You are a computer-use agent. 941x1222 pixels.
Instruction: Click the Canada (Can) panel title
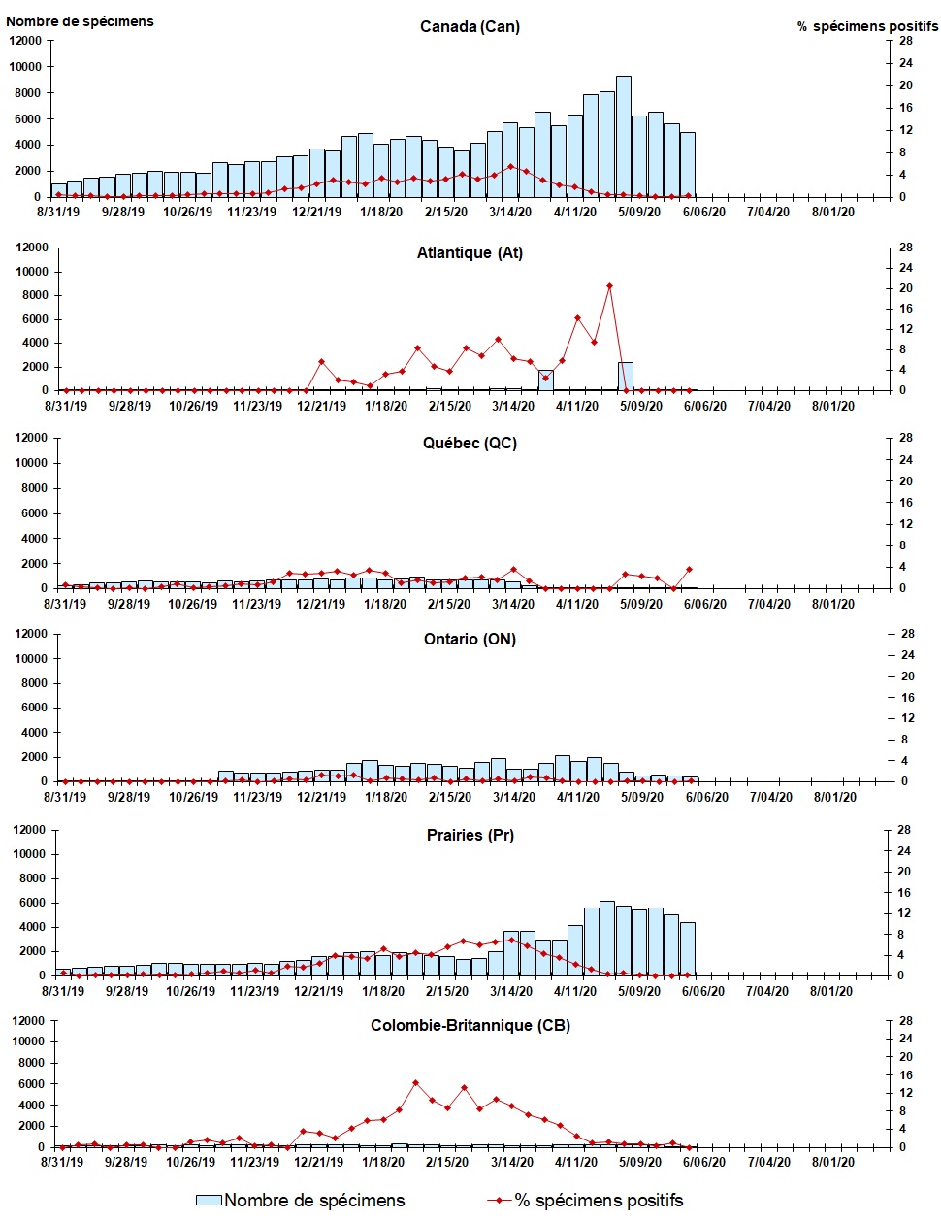click(x=470, y=27)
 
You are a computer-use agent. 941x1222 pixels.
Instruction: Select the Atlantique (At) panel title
click(x=470, y=253)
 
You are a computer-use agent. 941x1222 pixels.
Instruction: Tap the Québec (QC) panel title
click(x=470, y=444)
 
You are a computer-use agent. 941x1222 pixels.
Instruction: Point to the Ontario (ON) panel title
click(x=470, y=640)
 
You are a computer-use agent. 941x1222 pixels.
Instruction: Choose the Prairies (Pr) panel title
click(x=470, y=836)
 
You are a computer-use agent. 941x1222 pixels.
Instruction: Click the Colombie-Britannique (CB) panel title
click(x=470, y=1026)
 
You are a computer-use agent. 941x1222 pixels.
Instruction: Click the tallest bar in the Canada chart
click(x=623, y=136)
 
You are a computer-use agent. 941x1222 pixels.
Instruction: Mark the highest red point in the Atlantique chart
click(x=609, y=286)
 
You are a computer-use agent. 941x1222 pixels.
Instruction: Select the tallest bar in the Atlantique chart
click(x=626, y=377)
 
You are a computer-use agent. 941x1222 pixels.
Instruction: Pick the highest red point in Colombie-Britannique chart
click(x=415, y=1083)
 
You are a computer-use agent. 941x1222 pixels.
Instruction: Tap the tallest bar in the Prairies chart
click(x=606, y=938)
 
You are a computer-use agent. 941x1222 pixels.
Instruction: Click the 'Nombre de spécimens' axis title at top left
click(x=80, y=21)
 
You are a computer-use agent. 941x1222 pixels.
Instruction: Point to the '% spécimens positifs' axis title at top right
click(x=867, y=27)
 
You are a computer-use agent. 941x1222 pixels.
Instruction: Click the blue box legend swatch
click(x=209, y=1201)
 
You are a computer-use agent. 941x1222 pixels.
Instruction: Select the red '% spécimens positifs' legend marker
click(x=499, y=1201)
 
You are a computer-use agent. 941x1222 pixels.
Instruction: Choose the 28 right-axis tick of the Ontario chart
click(x=908, y=634)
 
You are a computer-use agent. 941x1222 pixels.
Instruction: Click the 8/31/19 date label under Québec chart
click(x=65, y=604)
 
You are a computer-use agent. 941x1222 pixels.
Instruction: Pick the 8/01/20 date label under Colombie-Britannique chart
click(x=832, y=1162)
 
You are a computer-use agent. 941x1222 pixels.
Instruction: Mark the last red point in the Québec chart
click(x=689, y=570)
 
